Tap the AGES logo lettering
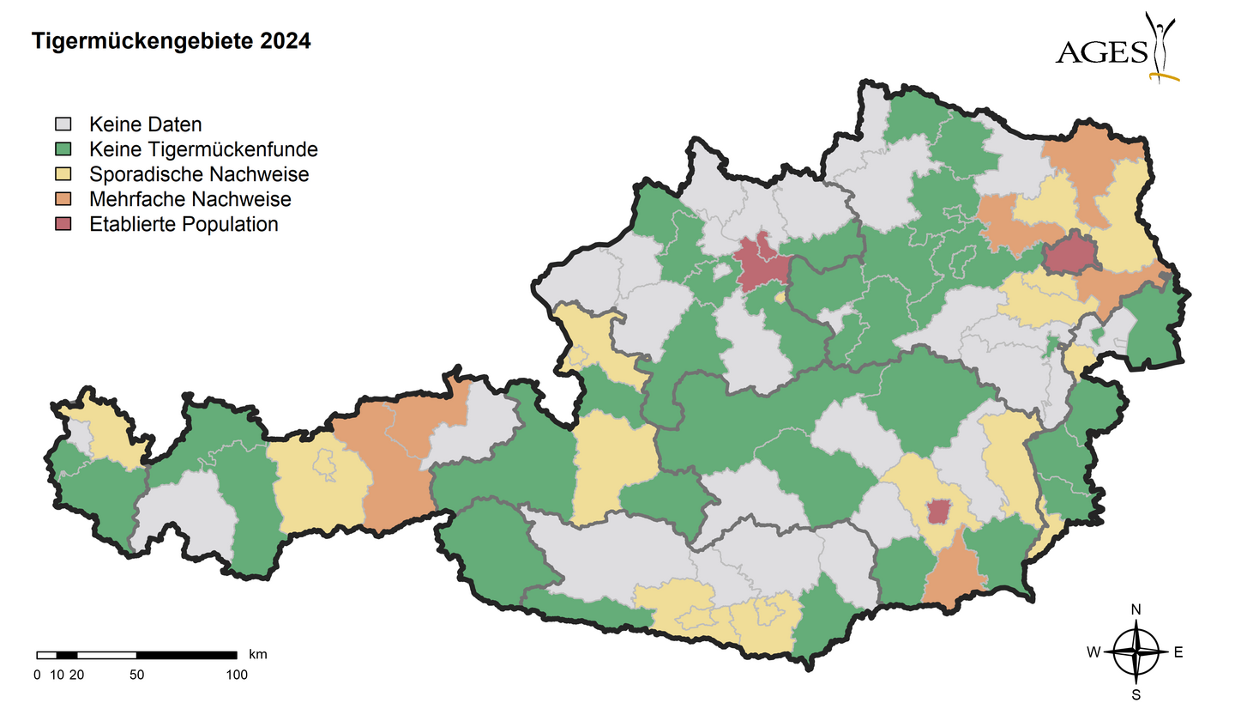pyautogui.click(x=1101, y=53)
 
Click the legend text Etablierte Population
pyautogui.click(x=184, y=224)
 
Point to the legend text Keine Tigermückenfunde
pyautogui.click(x=203, y=149)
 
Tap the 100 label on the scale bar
pyautogui.click(x=236, y=675)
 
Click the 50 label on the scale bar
pyautogui.click(x=136, y=675)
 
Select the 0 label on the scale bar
pyautogui.click(x=37, y=675)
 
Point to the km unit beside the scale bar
pyautogui.click(x=257, y=654)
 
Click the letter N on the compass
pyautogui.click(x=1136, y=609)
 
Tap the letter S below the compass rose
pyautogui.click(x=1136, y=694)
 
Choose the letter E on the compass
pyautogui.click(x=1178, y=652)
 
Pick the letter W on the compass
pyautogui.click(x=1093, y=652)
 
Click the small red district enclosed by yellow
pyautogui.click(x=939, y=512)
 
